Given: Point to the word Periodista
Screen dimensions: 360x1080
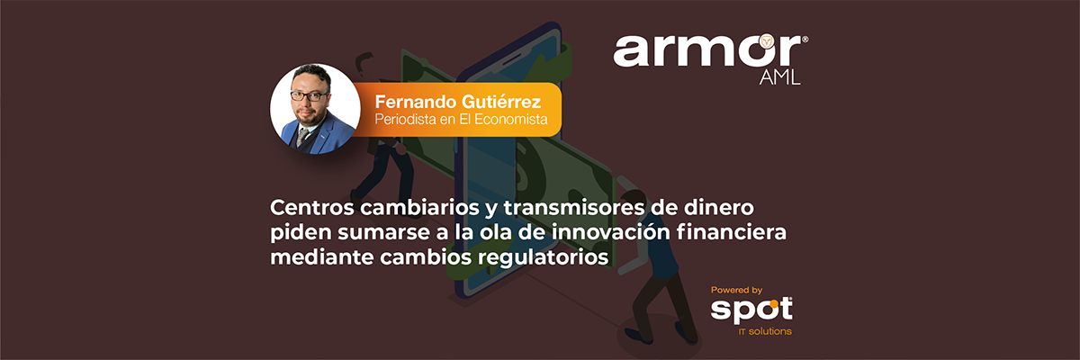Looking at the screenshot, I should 406,119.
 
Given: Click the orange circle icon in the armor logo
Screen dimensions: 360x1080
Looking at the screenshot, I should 767,41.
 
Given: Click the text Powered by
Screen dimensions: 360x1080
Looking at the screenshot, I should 737,290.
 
